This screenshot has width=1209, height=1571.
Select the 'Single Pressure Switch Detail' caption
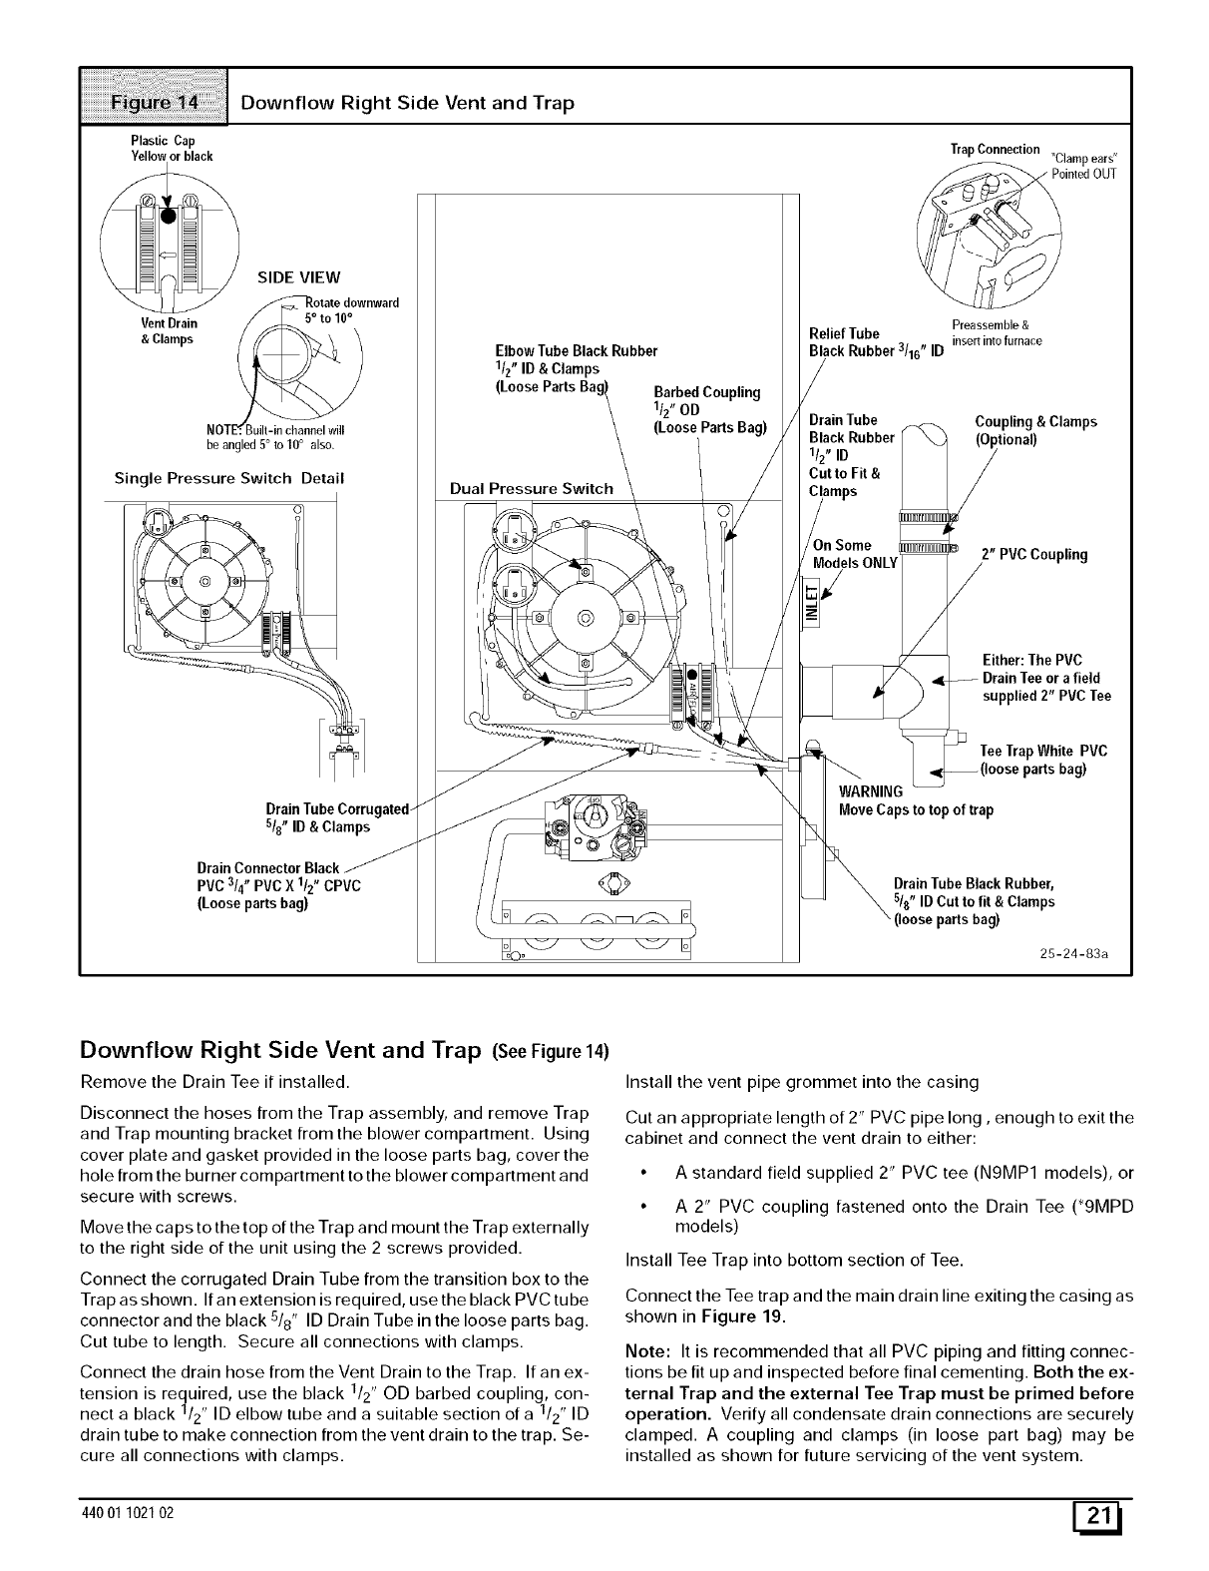tap(229, 478)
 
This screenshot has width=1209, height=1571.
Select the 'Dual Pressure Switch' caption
tap(532, 488)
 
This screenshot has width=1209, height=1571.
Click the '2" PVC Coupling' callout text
tap(1034, 555)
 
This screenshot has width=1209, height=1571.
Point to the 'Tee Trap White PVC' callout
tap(1043, 752)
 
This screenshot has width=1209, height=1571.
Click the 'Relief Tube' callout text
tap(844, 333)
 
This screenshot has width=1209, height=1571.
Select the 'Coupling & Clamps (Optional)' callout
tap(1035, 430)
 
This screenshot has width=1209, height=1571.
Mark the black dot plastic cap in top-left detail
tap(169, 217)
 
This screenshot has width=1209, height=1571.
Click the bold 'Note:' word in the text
tap(645, 1351)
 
